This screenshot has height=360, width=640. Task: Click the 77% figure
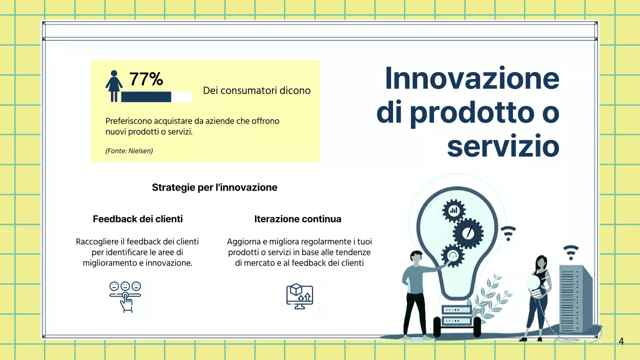point(146,79)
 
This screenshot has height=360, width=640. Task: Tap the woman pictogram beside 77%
point(114,86)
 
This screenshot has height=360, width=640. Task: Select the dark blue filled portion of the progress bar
point(146,97)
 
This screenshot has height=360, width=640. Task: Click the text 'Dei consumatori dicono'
point(256,90)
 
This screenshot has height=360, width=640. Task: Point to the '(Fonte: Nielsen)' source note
point(129,150)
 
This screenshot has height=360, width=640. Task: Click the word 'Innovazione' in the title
point(471,78)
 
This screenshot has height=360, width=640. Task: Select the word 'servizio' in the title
point(502,146)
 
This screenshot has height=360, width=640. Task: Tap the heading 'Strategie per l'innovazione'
point(214,188)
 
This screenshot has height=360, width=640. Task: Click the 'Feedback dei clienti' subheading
point(137,219)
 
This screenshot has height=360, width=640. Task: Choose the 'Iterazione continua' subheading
point(297,219)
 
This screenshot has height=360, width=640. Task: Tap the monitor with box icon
point(299,296)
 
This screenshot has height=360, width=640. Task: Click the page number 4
point(621,342)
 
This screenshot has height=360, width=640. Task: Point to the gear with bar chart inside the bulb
point(454,210)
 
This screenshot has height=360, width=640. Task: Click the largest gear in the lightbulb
point(468,233)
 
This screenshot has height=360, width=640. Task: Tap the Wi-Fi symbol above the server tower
point(570,249)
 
